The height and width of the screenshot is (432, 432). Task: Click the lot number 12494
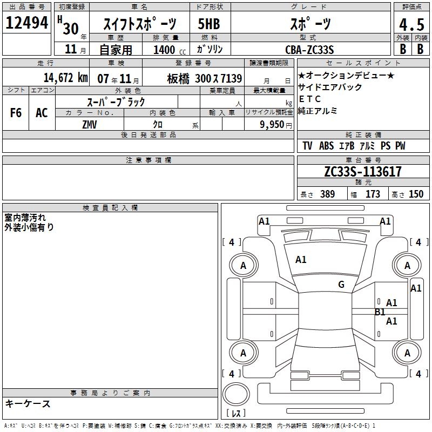[x=26, y=23]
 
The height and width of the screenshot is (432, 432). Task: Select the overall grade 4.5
[x=411, y=24]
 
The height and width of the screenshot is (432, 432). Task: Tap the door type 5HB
[x=209, y=24]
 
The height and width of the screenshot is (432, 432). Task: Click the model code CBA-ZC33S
[x=309, y=50]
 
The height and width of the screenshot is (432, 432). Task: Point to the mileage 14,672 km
[x=66, y=78]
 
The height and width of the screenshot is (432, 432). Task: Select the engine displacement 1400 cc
[x=170, y=50]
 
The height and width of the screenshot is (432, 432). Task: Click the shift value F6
[x=16, y=113]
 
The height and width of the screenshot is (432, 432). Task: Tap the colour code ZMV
[x=90, y=125]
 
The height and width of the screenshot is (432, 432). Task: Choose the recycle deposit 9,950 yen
[x=276, y=125]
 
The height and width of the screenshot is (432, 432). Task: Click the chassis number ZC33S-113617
[x=363, y=172]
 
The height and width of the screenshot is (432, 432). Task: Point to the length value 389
[x=327, y=194]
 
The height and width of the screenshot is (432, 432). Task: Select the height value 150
[x=416, y=194]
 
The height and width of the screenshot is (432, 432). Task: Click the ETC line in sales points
[x=310, y=99]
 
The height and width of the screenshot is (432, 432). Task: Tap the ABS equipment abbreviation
[x=327, y=146]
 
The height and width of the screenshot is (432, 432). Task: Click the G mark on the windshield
[x=341, y=285]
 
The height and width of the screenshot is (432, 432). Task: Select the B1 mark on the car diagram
[x=380, y=312]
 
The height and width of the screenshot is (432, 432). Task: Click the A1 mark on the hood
[x=301, y=260]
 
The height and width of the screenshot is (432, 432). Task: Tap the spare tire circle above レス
[x=236, y=394]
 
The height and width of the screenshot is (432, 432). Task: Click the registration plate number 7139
[x=232, y=78]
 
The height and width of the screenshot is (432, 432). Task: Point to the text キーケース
[x=28, y=404]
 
